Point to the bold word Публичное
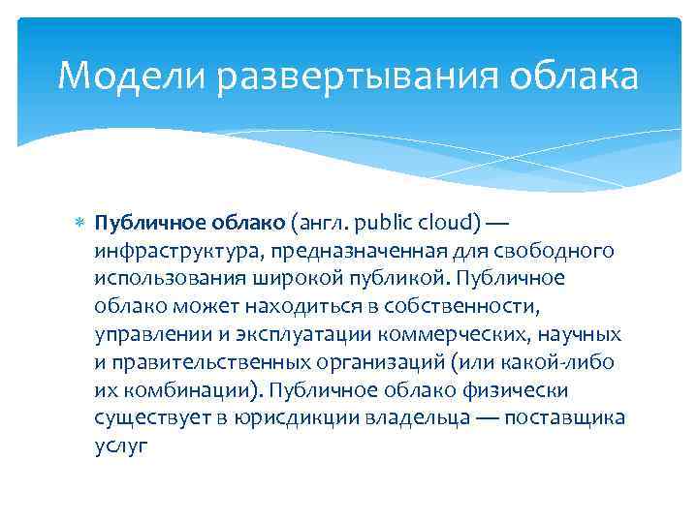pos(143,224)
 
